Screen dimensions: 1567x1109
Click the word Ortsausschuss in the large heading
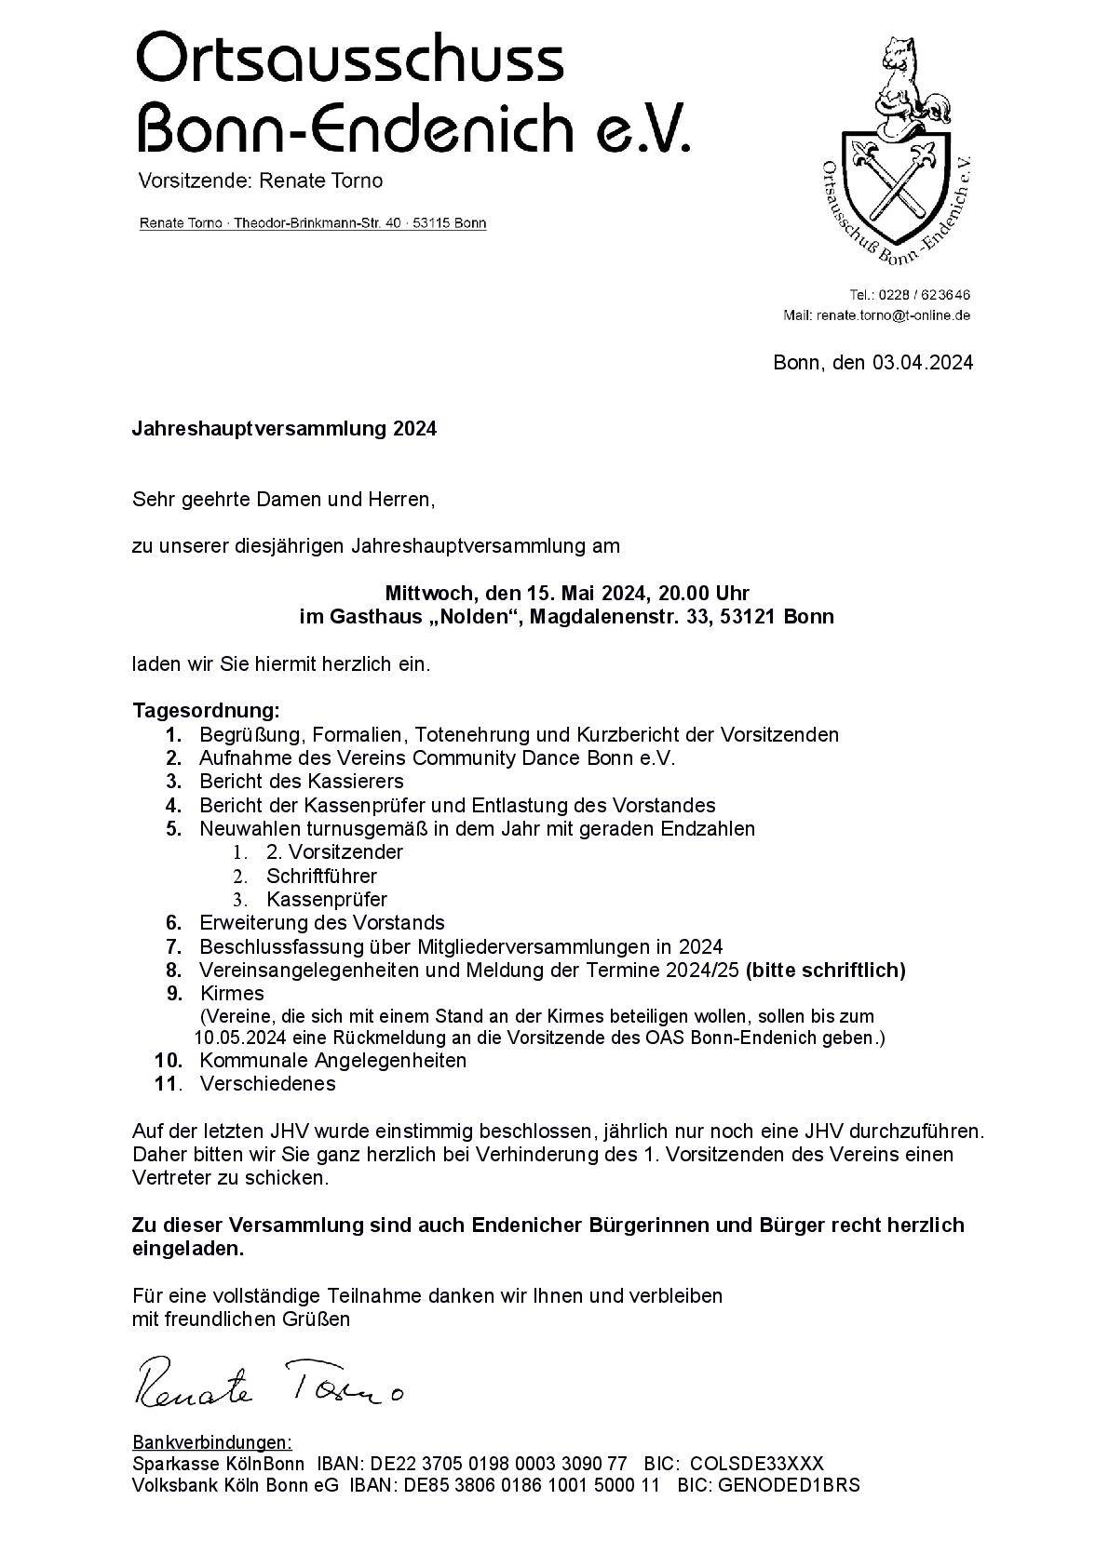(350, 58)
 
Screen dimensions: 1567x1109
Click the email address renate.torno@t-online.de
(894, 315)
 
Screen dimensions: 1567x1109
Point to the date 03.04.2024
(923, 363)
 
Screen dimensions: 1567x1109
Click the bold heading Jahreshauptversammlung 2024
(284, 429)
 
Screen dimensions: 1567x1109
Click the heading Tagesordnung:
(206, 711)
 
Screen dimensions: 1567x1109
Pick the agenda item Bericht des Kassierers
(302, 781)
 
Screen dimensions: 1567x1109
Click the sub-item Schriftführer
(321, 876)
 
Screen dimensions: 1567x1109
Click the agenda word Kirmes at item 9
(232, 993)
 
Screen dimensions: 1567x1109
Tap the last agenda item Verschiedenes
(268, 1083)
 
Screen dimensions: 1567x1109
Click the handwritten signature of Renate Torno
(270, 1381)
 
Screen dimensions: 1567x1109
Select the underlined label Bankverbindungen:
(212, 1442)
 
